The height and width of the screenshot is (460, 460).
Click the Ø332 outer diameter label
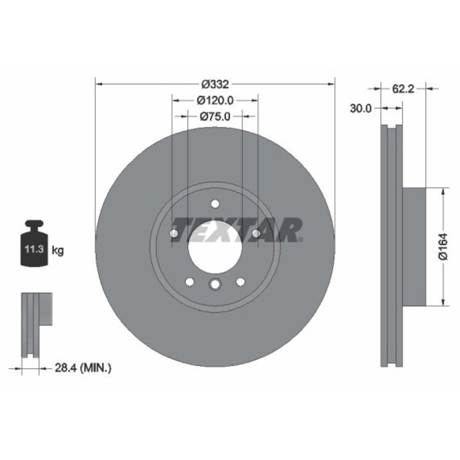click(215, 84)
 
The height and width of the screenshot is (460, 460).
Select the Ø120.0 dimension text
click(215, 100)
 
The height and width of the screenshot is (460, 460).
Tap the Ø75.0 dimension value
click(215, 116)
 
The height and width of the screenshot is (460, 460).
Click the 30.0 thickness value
click(361, 109)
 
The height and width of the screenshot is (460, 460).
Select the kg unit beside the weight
click(57, 250)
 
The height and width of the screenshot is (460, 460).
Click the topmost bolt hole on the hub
click(215, 204)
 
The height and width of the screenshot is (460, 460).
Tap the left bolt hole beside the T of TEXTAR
click(174, 234)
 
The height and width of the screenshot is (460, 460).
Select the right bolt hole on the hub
click(256, 234)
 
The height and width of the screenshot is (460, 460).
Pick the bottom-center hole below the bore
click(215, 286)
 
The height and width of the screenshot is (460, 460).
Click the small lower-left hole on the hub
click(189, 282)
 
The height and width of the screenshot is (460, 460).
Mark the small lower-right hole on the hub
click(240, 282)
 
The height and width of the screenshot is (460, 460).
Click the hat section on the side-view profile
click(415, 246)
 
